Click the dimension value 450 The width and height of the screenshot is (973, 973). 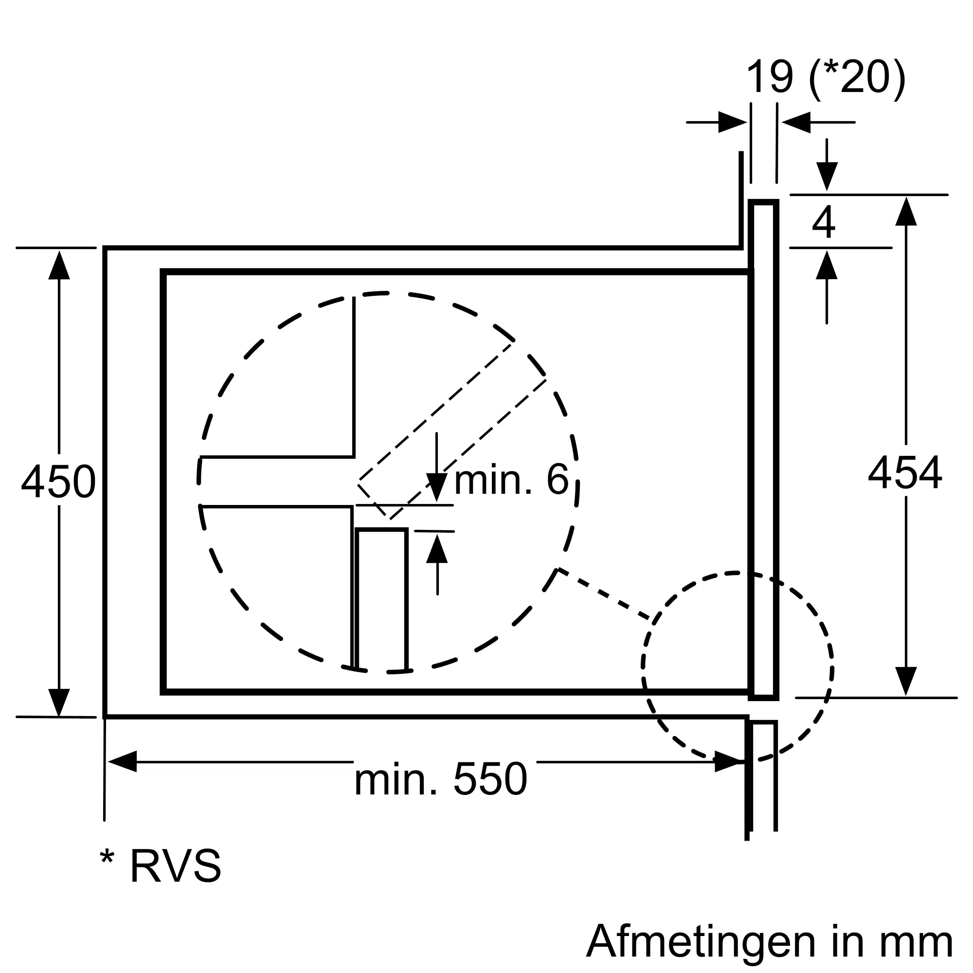(58, 483)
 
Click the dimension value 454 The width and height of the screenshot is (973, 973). (904, 473)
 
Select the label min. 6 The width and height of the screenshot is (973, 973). (511, 481)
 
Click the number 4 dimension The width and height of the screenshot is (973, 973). (824, 222)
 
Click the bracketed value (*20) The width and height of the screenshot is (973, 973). (857, 78)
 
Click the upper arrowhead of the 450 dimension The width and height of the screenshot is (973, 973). (59, 266)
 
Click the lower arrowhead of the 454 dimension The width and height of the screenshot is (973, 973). (906, 681)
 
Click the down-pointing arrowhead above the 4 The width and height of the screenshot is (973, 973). (827, 177)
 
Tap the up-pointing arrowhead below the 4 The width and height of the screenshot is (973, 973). (827, 265)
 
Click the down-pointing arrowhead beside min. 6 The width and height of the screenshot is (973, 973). (437, 487)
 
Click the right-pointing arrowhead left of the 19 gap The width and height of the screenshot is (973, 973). (732, 123)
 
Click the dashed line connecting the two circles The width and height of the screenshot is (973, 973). (604, 595)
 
